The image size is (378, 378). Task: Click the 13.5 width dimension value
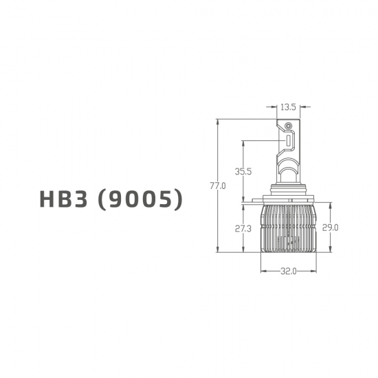pos(288,107)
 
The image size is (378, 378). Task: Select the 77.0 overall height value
pos(219,186)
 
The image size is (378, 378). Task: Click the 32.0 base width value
pos(288,271)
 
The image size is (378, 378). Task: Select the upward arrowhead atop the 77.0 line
pos(219,122)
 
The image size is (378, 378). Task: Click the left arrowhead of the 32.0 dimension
pos(263,271)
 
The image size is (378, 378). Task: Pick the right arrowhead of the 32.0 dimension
pos(315,271)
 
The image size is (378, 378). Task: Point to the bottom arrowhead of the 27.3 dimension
pos(243,250)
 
